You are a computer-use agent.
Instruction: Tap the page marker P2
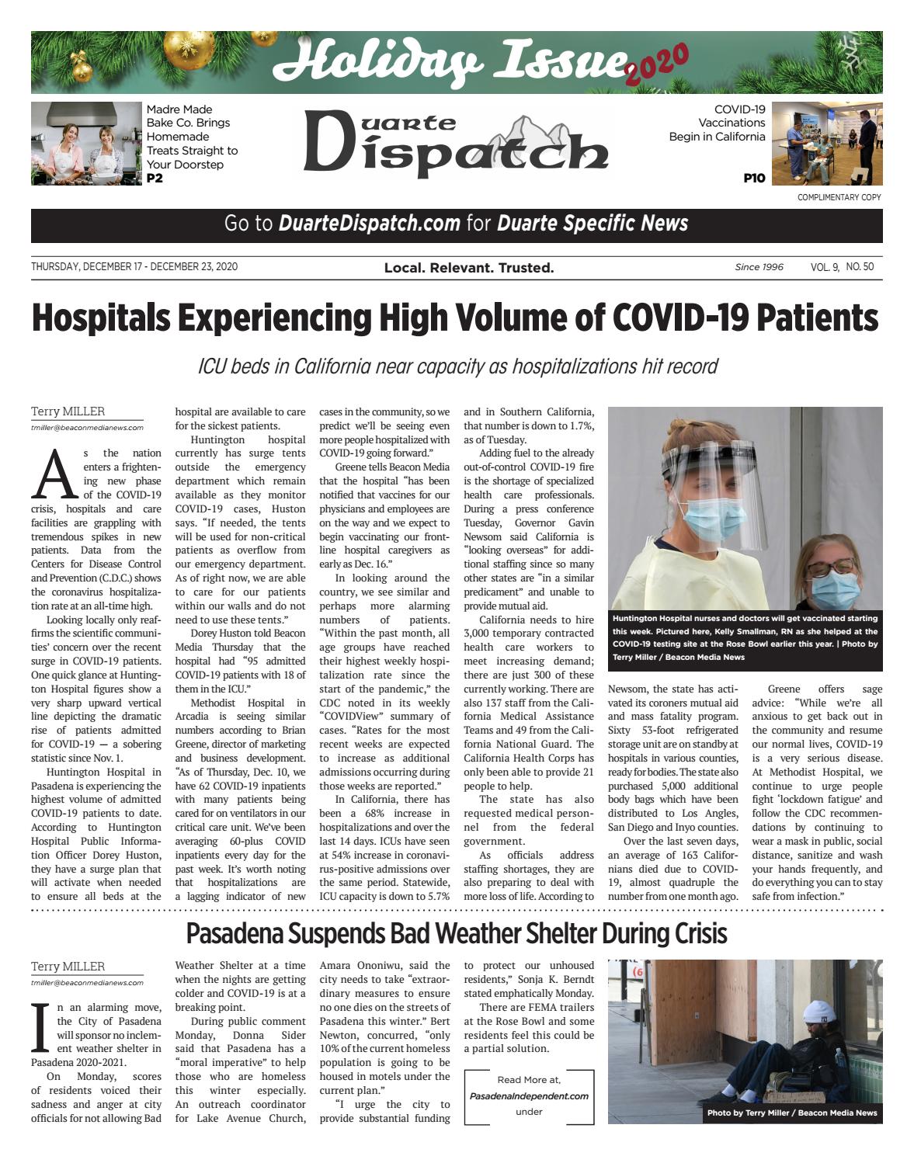click(155, 179)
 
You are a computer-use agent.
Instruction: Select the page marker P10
click(753, 179)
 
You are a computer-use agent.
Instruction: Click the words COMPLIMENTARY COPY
click(839, 197)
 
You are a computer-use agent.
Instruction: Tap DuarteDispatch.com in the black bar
click(369, 224)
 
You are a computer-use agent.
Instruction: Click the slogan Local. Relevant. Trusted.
click(469, 268)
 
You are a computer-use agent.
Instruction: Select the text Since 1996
click(759, 267)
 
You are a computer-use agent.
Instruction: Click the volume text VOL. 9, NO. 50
click(842, 267)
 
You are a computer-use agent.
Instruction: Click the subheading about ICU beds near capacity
click(457, 366)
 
